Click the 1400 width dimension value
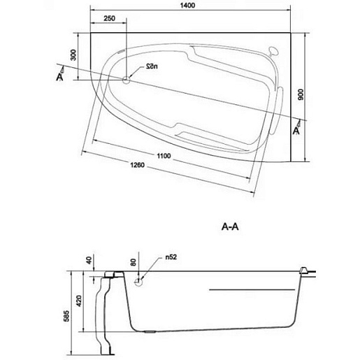coord(187,5)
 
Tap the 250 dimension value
coord(109,18)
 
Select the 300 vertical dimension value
coord(73,55)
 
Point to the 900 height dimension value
coord(301,94)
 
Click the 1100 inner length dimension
coord(164,156)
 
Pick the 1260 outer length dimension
coord(137,165)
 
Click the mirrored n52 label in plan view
coord(152,66)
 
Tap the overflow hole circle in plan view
coord(126,80)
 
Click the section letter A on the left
coord(59,77)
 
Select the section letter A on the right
coord(296,131)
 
